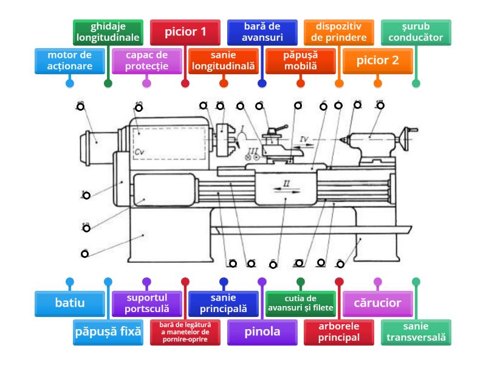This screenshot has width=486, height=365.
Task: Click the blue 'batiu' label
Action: point(69,302)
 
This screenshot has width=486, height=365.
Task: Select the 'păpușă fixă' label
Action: point(108,332)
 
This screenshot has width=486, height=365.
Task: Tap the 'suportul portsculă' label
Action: point(146,302)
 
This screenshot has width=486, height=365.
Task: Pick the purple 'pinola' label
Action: point(262,332)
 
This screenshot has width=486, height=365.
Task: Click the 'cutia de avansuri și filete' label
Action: point(300,302)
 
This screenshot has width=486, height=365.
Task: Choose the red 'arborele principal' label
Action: point(339,332)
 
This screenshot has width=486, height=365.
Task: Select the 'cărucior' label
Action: point(377,302)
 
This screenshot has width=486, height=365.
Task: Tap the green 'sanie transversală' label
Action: point(416,332)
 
